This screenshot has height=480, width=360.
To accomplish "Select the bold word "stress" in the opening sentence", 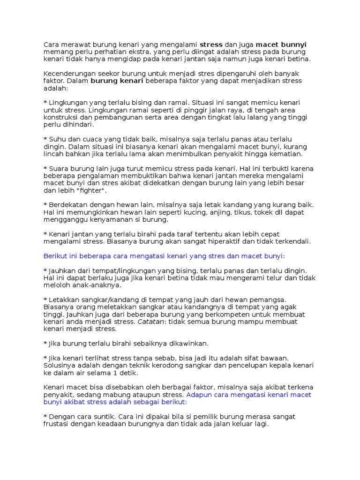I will click(x=211, y=45).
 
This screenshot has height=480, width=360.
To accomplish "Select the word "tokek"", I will click(x=255, y=212).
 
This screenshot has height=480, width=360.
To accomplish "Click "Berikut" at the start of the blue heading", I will click(x=56, y=256).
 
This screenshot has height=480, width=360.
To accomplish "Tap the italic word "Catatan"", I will click(x=150, y=322).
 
